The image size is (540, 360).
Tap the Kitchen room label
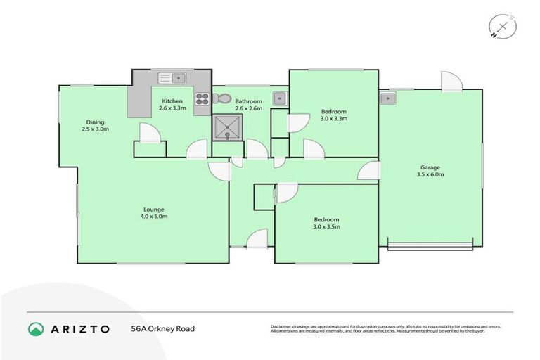(x=172, y=101)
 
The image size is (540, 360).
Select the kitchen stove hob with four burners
(x=202, y=99)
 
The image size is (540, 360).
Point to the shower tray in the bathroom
(x=227, y=127)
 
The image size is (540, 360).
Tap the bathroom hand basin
(x=279, y=98)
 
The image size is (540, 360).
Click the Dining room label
(x=95, y=122)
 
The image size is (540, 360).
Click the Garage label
(x=430, y=167)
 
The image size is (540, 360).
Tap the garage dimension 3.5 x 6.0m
(x=430, y=175)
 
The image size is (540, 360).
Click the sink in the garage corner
(x=387, y=98)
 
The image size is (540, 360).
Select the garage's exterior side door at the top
(x=451, y=81)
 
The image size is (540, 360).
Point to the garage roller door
(x=430, y=246)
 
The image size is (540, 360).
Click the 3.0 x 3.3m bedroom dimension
(x=334, y=119)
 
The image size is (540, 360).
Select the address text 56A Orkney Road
(x=162, y=328)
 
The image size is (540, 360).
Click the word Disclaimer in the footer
(x=282, y=327)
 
